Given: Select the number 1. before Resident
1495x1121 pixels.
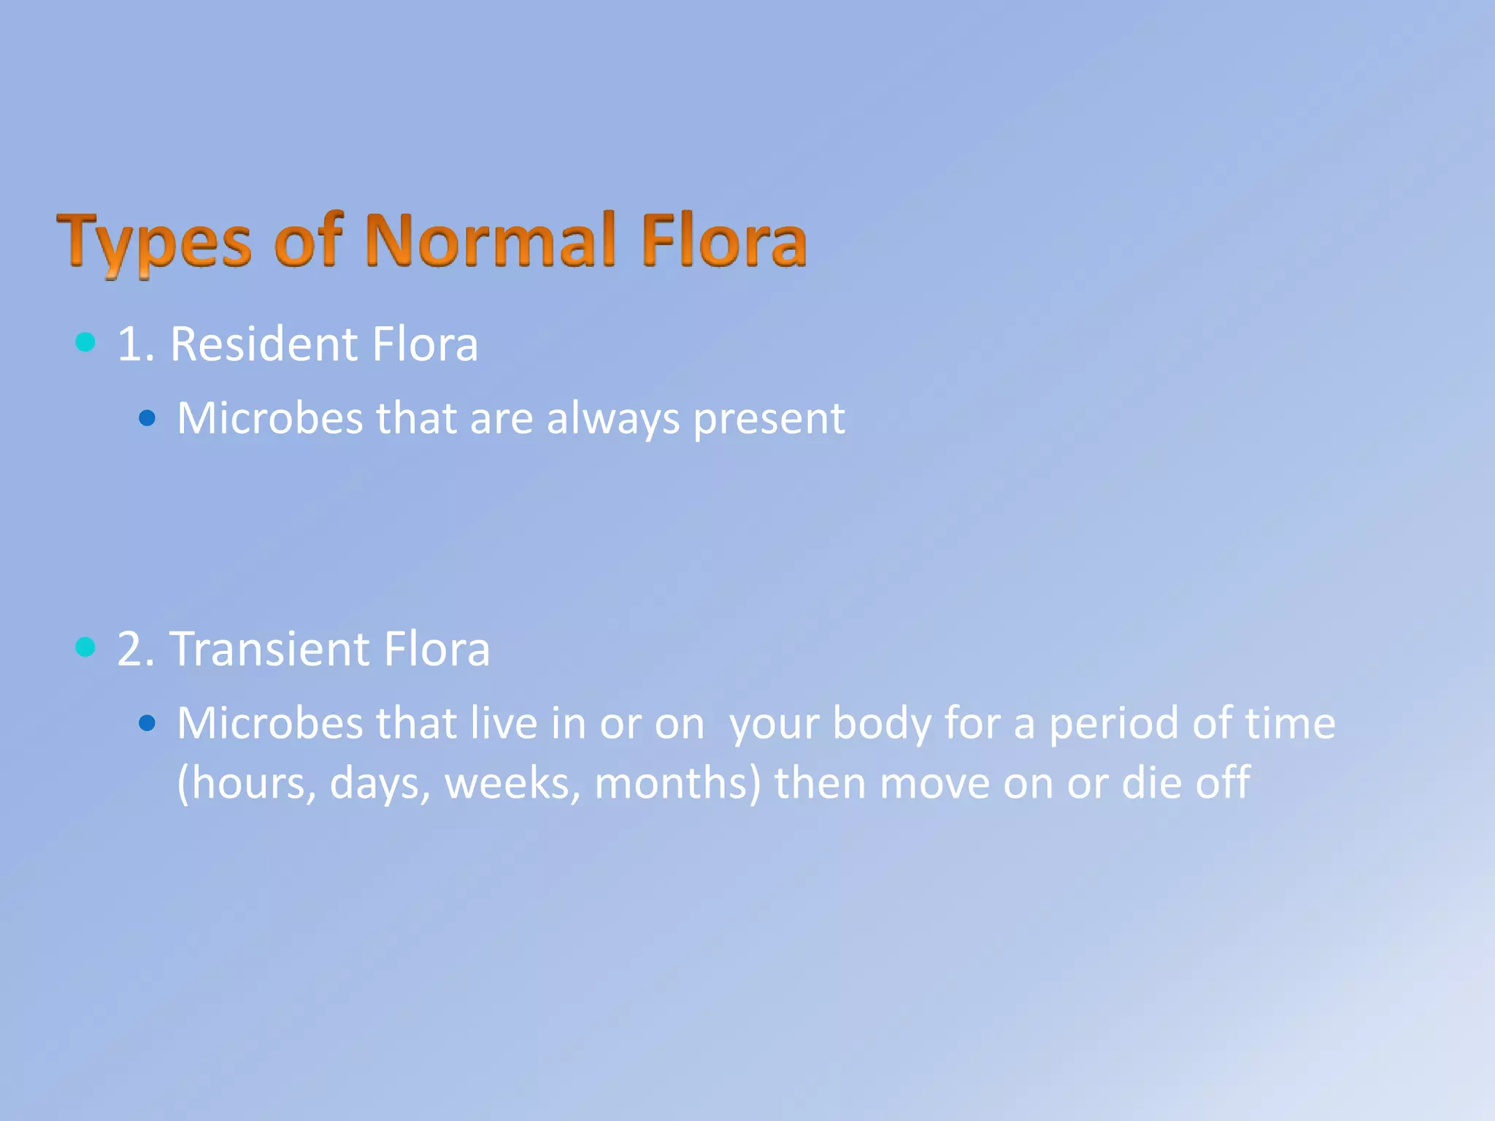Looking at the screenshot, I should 136,344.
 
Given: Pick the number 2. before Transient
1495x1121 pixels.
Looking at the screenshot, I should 136,650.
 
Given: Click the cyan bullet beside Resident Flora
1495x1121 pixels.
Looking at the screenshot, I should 85,342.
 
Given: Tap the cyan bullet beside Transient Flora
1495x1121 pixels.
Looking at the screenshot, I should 85,647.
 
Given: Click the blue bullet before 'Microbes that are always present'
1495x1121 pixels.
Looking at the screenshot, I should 147,418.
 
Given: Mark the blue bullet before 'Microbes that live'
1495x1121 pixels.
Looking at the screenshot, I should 147,723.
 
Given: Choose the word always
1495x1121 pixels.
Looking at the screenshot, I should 613,419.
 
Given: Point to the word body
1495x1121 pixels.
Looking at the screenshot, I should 882,724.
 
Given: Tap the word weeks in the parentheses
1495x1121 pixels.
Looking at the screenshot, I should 512,783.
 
